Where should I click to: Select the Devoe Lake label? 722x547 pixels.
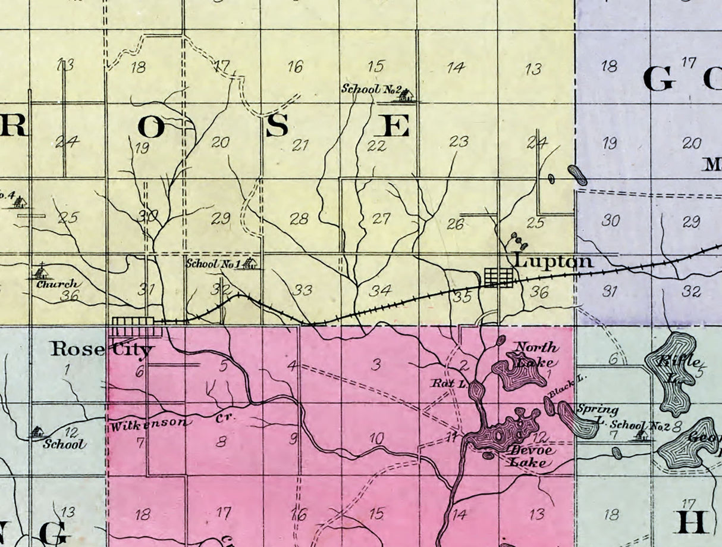(532, 456)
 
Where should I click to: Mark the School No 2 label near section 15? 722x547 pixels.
(369, 89)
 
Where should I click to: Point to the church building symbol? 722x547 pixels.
(40, 272)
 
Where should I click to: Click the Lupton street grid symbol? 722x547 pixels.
(498, 277)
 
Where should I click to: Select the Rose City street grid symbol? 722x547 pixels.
(136, 326)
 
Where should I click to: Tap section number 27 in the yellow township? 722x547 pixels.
(381, 218)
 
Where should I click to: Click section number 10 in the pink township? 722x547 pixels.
(376, 439)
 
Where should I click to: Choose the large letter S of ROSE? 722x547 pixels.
(277, 125)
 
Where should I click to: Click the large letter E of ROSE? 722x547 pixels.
(395, 126)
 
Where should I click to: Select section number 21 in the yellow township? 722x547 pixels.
(300, 144)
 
